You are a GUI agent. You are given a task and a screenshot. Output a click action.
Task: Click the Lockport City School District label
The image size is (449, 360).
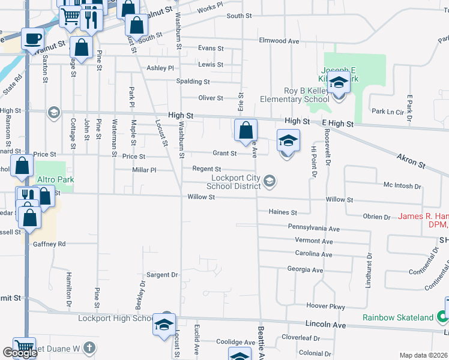(x=237, y=182)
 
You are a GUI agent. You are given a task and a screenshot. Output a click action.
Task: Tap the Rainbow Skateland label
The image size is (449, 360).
(x=397, y=317)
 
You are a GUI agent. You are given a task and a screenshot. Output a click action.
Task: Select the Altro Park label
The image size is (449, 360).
(x=51, y=179)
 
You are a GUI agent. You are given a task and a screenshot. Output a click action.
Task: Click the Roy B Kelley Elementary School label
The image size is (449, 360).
(x=294, y=95)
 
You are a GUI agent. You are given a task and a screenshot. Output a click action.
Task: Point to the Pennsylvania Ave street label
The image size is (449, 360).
(x=313, y=229)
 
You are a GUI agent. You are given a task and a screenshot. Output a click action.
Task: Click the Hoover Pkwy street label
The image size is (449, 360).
(x=325, y=306)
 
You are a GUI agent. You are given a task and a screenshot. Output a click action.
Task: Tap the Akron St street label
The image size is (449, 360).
(x=411, y=161)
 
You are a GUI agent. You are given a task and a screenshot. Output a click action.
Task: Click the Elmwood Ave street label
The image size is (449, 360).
(x=279, y=41)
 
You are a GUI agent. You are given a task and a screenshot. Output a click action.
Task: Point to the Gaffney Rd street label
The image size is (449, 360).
(x=49, y=244)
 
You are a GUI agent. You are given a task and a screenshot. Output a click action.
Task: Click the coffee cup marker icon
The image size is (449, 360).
(x=32, y=40)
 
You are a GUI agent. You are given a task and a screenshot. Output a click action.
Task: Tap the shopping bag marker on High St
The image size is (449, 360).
(x=246, y=130)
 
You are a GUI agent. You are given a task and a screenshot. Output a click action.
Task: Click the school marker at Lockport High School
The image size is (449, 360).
(x=163, y=325)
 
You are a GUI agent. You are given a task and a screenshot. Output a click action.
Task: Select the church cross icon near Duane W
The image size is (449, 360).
(x=89, y=348)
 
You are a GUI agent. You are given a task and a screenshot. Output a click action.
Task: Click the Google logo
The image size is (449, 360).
(x=20, y=353)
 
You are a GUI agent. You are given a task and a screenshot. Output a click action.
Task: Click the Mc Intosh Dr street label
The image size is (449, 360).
(x=402, y=185)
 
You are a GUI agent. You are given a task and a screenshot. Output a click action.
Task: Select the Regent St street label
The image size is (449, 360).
(x=206, y=169)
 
